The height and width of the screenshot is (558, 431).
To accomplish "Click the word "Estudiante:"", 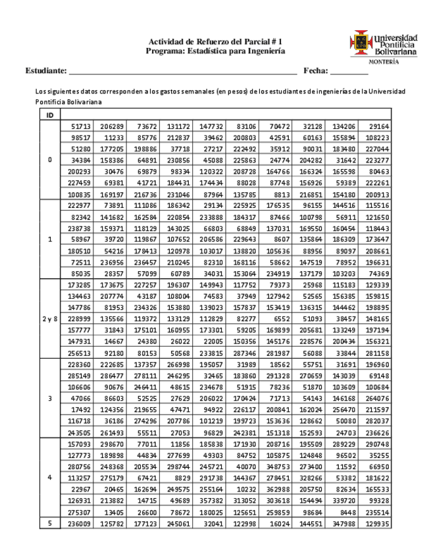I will [x=46, y=70].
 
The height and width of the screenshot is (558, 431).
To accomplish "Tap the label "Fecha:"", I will [x=315, y=70].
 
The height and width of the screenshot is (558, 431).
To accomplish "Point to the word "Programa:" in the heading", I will [x=166, y=51].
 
